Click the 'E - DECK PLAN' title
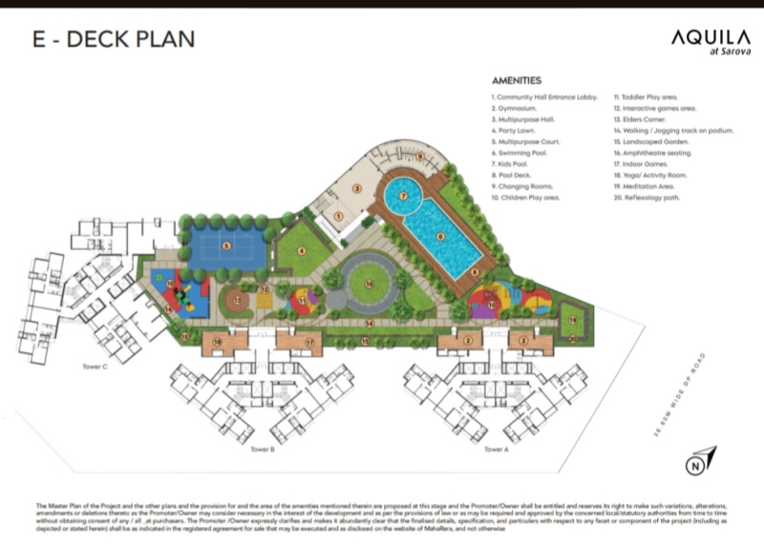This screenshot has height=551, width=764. tap(114, 39)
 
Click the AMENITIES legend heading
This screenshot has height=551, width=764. tap(517, 81)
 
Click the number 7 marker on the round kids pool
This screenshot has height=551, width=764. tap(404, 196)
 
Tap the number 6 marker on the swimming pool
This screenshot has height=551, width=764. tap(440, 236)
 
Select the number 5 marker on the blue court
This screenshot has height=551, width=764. tap(226, 245)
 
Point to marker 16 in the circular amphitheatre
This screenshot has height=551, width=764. tap(369, 284)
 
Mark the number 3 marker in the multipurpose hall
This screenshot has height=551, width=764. tap(356, 189)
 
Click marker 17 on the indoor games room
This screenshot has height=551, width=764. tap(309, 341)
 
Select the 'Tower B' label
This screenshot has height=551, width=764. tap(263, 449)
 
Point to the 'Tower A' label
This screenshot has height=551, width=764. tap(495, 449)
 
